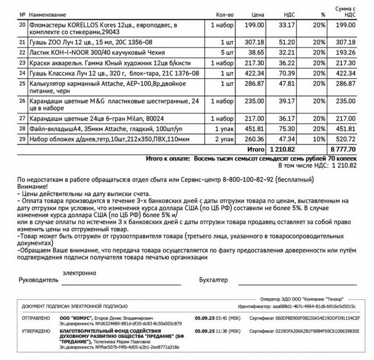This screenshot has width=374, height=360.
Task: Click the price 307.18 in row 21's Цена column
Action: (256, 42)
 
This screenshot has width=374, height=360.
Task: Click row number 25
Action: (23, 83)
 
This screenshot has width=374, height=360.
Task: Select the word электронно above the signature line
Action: (79, 272)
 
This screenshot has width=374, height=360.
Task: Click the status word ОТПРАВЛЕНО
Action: (36, 317)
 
